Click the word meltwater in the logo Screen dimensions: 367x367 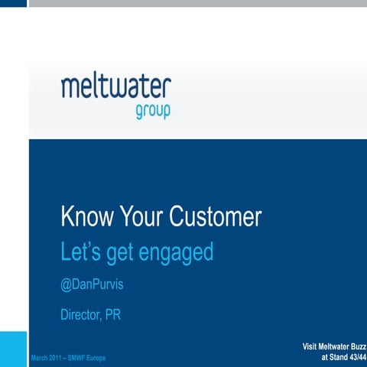[x=116, y=86]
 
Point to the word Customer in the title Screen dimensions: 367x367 [x=217, y=217]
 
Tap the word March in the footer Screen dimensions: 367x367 [x=40, y=358]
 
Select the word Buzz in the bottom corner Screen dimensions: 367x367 [x=356, y=348]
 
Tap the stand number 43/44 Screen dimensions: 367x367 [x=356, y=358]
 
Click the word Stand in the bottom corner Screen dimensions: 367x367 [x=334, y=358]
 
